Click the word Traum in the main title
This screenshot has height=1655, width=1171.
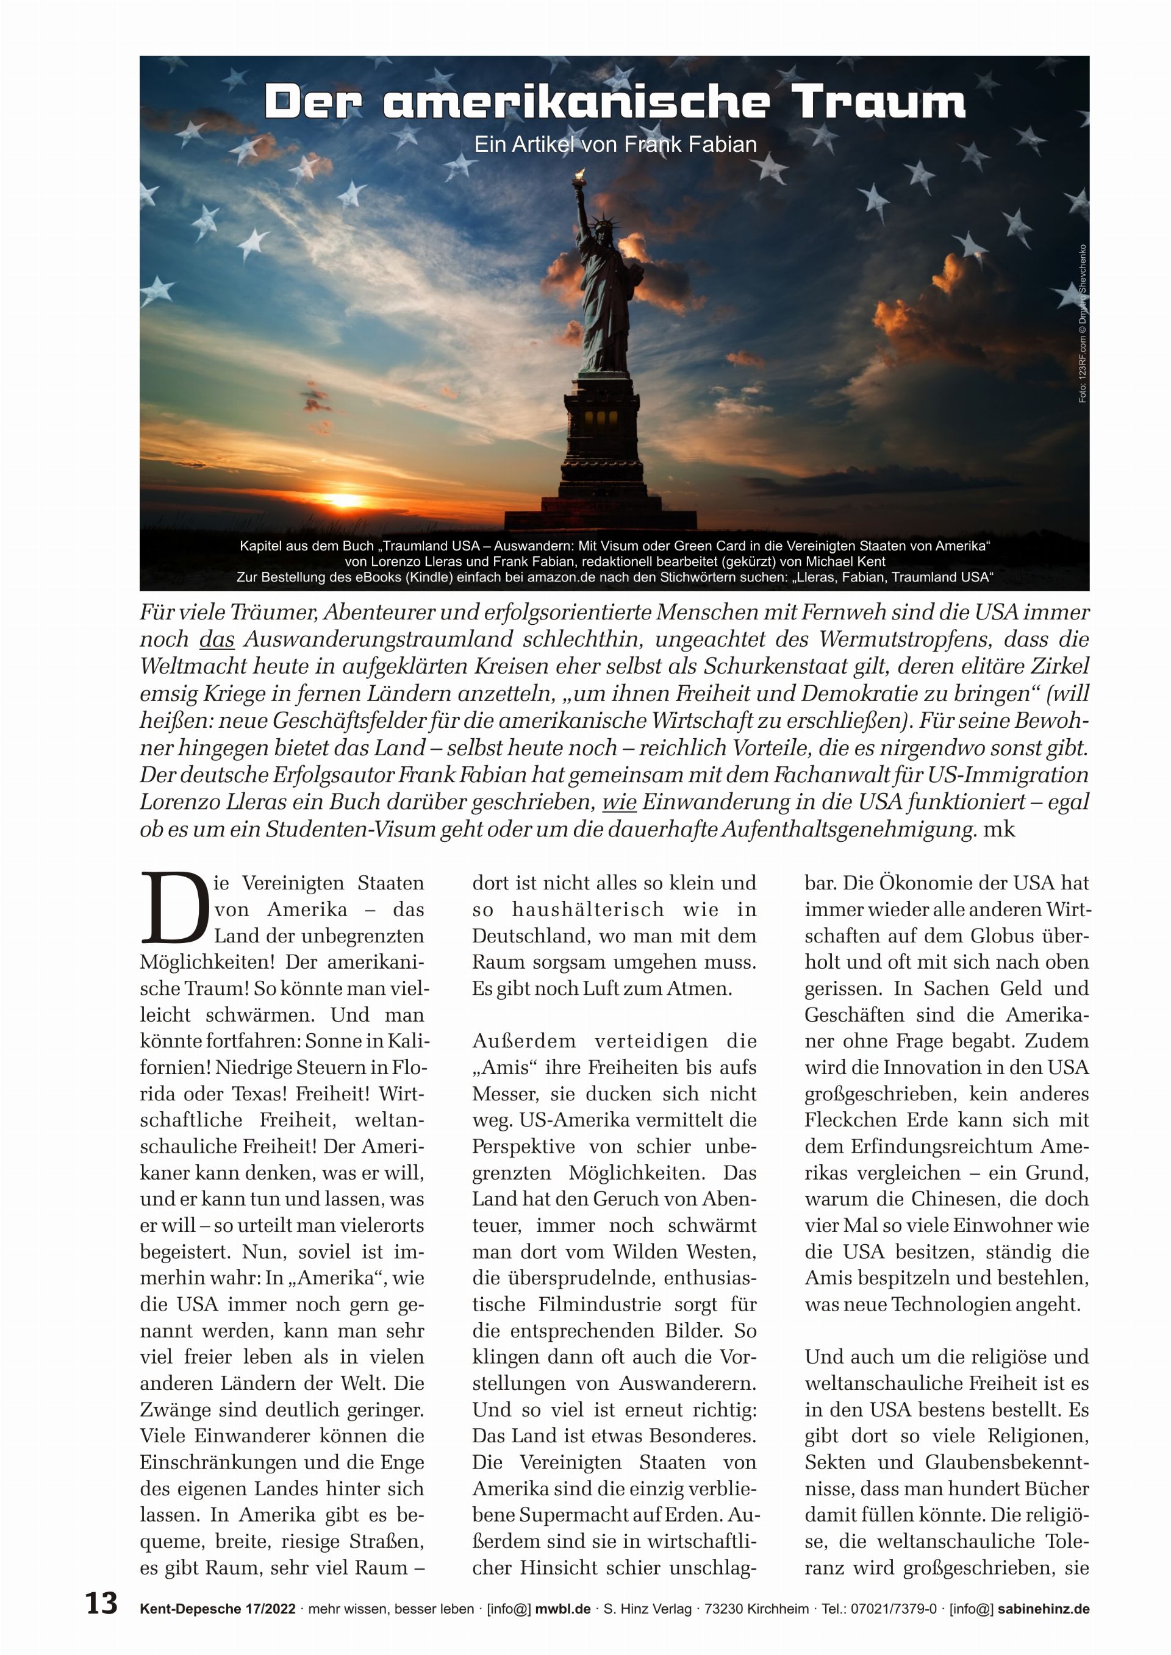(878, 102)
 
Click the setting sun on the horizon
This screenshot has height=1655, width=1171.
(344, 499)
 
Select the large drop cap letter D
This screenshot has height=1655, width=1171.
(174, 908)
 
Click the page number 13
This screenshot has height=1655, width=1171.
(101, 1603)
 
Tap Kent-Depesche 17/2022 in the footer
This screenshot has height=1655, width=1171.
(218, 1609)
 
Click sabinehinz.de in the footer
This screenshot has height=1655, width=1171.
(1044, 1609)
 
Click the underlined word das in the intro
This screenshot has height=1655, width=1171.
(217, 639)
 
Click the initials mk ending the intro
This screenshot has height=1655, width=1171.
(1000, 829)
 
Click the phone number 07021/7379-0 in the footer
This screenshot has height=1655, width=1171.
(892, 1609)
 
